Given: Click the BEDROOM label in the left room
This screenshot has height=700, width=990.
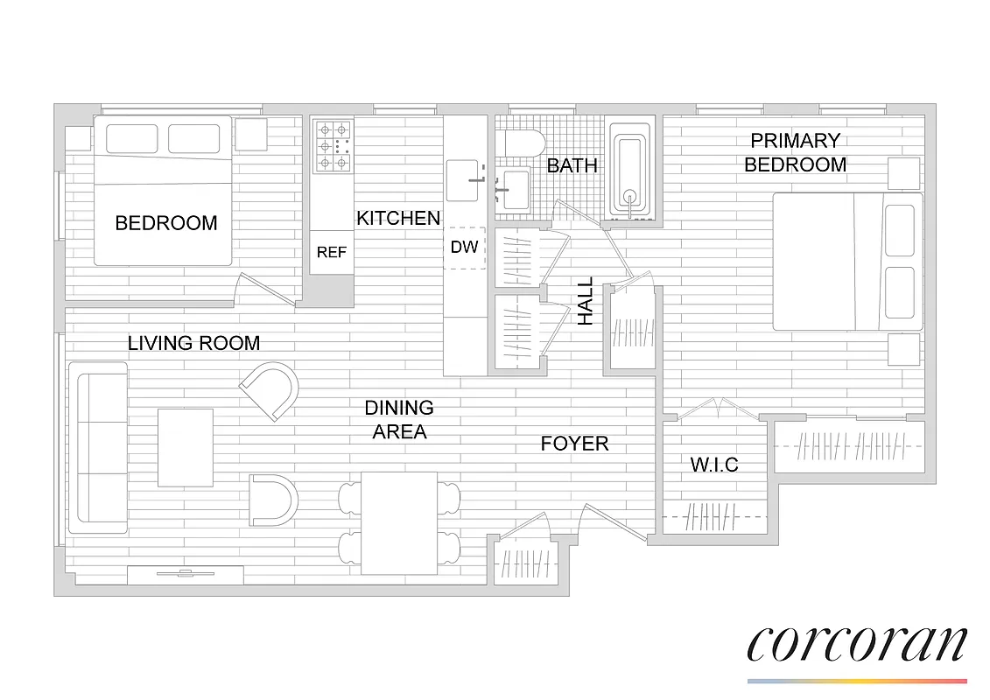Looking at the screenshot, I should [x=166, y=223].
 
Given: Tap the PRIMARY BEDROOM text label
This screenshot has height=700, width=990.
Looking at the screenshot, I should [x=795, y=152].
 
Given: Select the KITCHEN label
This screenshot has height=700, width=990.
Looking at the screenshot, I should [x=398, y=218].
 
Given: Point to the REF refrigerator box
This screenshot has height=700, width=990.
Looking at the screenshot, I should [x=331, y=252].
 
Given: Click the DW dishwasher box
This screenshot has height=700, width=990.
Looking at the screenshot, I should [x=465, y=248].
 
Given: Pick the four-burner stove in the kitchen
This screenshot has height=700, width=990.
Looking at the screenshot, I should [x=333, y=146].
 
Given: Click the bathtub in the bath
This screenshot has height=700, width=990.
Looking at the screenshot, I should [x=630, y=171].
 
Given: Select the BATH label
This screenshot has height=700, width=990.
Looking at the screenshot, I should [x=572, y=165].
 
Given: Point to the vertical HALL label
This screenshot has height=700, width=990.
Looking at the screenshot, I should [x=585, y=302].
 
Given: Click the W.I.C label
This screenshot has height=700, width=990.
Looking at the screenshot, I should [x=714, y=465].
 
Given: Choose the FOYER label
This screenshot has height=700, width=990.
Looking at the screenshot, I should [x=574, y=444].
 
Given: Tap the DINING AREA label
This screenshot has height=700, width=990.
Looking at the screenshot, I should [x=399, y=419].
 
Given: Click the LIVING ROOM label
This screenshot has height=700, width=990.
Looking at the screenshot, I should [x=193, y=343].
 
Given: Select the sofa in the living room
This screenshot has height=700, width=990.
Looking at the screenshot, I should [x=97, y=447].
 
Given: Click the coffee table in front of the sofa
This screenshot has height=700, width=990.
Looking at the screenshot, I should [x=185, y=447].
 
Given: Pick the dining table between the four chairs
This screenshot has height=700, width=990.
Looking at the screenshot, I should [x=399, y=523].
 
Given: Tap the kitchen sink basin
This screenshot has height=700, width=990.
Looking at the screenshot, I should [x=464, y=180].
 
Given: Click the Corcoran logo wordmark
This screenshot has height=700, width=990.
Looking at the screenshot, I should [x=856, y=644].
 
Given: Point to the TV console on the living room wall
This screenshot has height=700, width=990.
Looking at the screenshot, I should [x=185, y=575].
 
